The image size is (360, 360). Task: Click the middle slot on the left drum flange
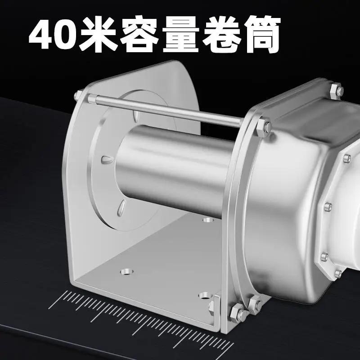(107, 159)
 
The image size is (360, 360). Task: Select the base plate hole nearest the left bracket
(127, 272)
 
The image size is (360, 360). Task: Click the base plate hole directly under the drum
(207, 220)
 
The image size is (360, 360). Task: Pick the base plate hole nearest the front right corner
(204, 297)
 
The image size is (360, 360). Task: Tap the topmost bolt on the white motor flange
(347, 158)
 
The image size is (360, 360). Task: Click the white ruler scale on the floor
(135, 315)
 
